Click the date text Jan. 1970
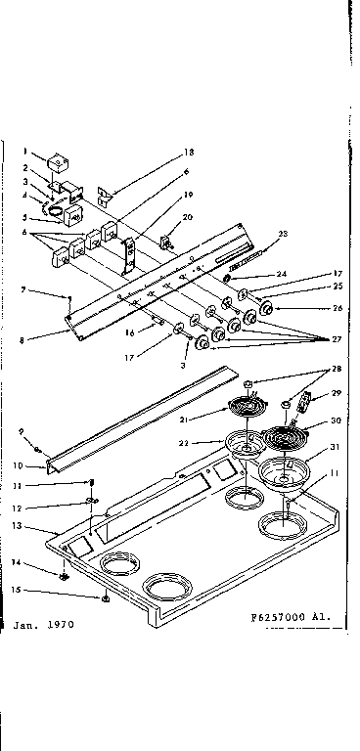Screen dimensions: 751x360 44,622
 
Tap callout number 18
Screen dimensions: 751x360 189,154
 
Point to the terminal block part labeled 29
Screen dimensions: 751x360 306,403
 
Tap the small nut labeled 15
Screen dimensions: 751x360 104,597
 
